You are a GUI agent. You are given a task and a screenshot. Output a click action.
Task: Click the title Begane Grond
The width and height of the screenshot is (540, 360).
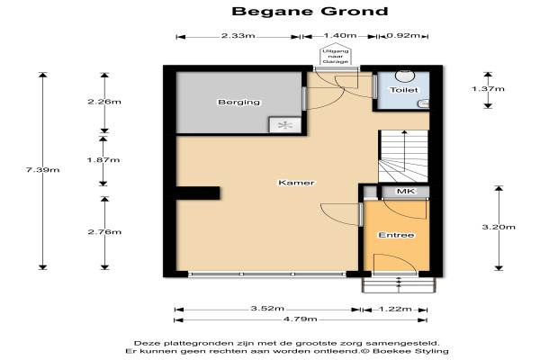pyautogui.click(x=310, y=11)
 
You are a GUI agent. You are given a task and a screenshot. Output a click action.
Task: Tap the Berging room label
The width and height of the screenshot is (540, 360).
pyautogui.click(x=239, y=103)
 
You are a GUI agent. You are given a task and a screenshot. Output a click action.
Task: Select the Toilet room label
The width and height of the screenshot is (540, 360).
pyautogui.click(x=403, y=90)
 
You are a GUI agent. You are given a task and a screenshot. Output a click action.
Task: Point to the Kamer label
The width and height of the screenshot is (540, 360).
pyautogui.click(x=296, y=183)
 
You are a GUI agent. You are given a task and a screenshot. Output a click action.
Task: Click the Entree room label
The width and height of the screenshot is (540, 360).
pyautogui.click(x=396, y=235)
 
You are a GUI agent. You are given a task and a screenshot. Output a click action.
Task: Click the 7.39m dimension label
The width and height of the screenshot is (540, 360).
pyautogui.click(x=42, y=169)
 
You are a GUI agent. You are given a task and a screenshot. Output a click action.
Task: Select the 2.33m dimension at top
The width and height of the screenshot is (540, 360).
pyautogui.click(x=238, y=35)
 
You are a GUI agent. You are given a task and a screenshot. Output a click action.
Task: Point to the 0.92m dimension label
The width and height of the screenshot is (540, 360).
pyautogui.click(x=403, y=35)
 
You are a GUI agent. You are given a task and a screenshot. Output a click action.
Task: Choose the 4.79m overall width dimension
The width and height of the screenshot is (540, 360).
pyautogui.click(x=300, y=319)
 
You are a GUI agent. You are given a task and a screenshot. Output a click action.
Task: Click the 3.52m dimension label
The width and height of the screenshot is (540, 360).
pyautogui.click(x=267, y=309)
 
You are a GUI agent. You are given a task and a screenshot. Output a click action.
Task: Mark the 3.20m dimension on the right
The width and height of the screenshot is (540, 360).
pyautogui.click(x=499, y=227)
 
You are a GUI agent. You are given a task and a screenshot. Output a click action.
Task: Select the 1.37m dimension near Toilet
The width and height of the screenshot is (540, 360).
pyautogui.click(x=488, y=89)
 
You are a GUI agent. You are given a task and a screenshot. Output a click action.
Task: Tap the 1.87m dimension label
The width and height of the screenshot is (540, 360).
pyautogui.click(x=103, y=160)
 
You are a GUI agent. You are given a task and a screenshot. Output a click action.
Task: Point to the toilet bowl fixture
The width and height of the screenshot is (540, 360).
pyautogui.click(x=405, y=76)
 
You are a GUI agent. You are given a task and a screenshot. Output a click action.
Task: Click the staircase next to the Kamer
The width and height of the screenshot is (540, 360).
pyautogui.click(x=403, y=156)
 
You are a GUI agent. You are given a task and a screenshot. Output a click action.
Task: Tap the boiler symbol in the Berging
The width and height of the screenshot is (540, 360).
pyautogui.click(x=285, y=125)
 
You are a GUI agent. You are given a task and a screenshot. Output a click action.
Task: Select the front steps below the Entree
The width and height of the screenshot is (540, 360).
pyautogui.click(x=399, y=285)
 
